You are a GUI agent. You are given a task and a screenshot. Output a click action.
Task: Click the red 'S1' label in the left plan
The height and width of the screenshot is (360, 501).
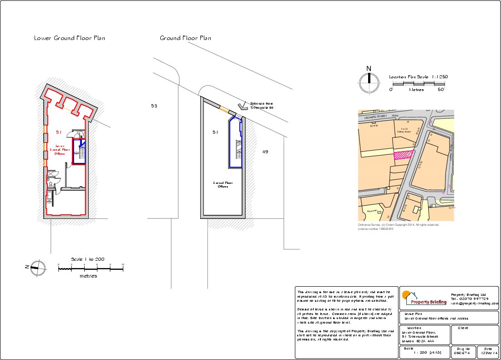coord(59,132)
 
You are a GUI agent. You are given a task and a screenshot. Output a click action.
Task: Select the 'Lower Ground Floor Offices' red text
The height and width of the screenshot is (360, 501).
coord(60,150)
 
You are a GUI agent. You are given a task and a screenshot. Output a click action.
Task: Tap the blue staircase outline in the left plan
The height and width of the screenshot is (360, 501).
coord(79,152)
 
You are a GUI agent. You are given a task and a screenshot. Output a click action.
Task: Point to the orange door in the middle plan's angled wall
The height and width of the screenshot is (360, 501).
coord(224,109)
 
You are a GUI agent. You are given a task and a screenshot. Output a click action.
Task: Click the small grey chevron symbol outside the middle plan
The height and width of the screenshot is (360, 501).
coord(243,107)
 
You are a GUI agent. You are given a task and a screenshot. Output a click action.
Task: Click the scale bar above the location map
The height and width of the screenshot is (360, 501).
coord(419,84)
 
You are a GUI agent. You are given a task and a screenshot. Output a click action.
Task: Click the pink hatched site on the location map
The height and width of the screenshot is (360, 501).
coord(404,155)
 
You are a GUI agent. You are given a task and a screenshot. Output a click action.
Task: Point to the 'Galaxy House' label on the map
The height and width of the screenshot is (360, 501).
coord(404,132)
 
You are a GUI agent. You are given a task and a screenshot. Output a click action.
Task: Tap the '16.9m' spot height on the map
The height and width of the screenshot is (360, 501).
coord(395,116)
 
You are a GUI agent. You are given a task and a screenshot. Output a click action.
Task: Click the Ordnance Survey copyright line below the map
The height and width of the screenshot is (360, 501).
coord(399,224)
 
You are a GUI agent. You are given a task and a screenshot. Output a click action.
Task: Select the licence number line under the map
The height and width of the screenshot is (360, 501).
coord(376,228)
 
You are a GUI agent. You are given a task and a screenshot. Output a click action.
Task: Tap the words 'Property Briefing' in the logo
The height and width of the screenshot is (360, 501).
coord(429,302)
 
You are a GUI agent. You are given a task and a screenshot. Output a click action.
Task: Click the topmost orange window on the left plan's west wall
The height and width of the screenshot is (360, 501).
coord(45,129)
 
